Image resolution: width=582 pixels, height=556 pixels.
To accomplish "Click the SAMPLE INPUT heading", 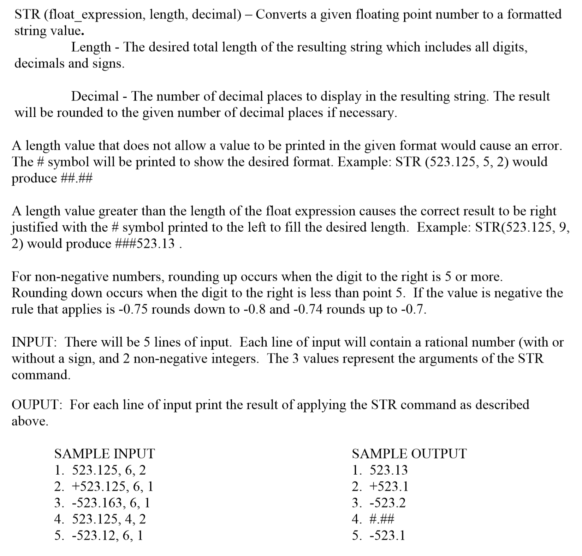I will click(x=105, y=453).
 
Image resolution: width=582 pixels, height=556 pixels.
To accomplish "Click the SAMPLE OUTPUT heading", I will click(x=409, y=453).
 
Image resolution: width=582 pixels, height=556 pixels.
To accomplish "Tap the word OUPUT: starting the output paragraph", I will click(x=37, y=405).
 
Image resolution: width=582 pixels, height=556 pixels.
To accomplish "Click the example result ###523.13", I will click(x=145, y=244).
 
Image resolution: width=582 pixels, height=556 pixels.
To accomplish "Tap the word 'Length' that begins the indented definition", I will click(x=91, y=47).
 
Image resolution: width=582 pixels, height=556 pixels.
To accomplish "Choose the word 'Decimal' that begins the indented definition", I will click(x=95, y=96).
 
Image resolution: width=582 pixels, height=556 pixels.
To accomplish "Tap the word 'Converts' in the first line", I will click(x=281, y=15).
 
